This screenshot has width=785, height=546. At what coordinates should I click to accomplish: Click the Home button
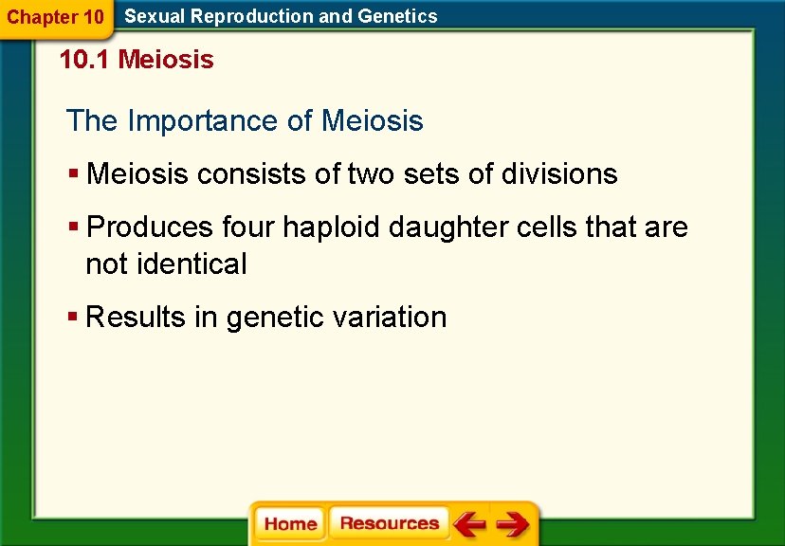coord(290,524)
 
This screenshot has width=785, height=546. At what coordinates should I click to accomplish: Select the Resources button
coord(389,524)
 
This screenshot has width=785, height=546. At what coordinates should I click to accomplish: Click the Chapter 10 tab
coord(56,17)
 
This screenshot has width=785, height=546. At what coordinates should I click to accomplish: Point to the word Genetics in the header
coord(398,16)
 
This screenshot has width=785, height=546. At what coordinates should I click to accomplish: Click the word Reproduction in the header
coord(246,16)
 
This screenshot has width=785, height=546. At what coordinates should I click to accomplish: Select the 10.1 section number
coord(84,61)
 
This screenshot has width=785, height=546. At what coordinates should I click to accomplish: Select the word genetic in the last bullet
coord(270,317)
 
